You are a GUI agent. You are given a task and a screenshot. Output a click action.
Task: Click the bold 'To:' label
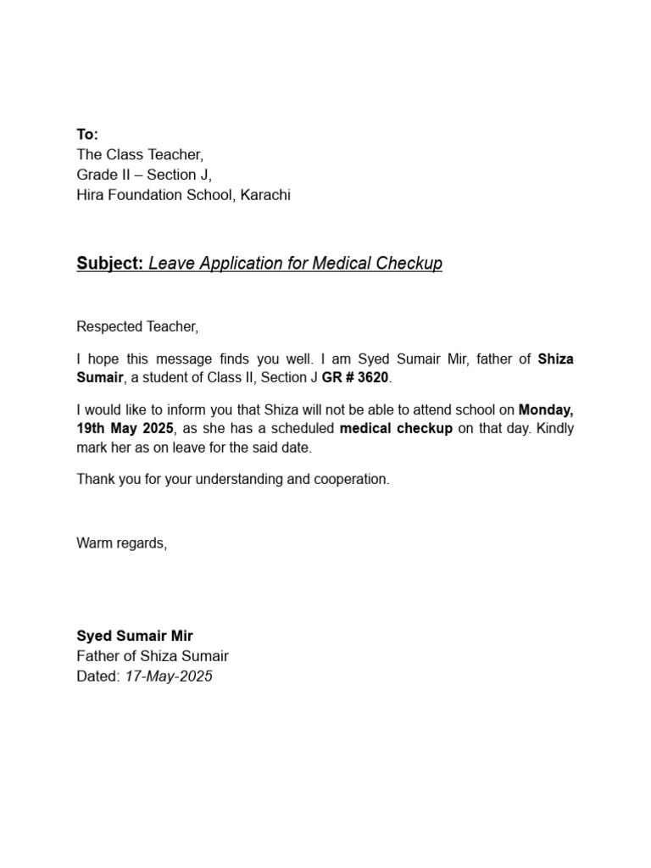click(87, 134)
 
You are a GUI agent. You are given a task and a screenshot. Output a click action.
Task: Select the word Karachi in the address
click(265, 195)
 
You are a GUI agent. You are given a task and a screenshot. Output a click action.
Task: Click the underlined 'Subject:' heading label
click(110, 264)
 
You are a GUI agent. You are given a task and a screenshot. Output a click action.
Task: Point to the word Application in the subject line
click(234, 264)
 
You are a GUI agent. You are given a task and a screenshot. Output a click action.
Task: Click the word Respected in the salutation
click(106, 326)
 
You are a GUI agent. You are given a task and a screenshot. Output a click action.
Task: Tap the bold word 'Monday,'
click(546, 409)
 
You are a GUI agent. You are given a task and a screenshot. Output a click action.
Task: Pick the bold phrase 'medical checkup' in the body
click(396, 428)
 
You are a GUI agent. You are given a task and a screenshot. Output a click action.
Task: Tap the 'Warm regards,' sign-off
click(122, 543)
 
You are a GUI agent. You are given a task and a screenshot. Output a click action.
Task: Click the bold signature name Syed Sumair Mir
click(135, 636)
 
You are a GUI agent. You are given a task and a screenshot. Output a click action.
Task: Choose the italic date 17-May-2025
click(169, 676)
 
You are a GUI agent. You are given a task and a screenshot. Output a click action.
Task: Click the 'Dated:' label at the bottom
click(98, 676)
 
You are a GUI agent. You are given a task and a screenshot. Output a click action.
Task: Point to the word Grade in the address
click(96, 175)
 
